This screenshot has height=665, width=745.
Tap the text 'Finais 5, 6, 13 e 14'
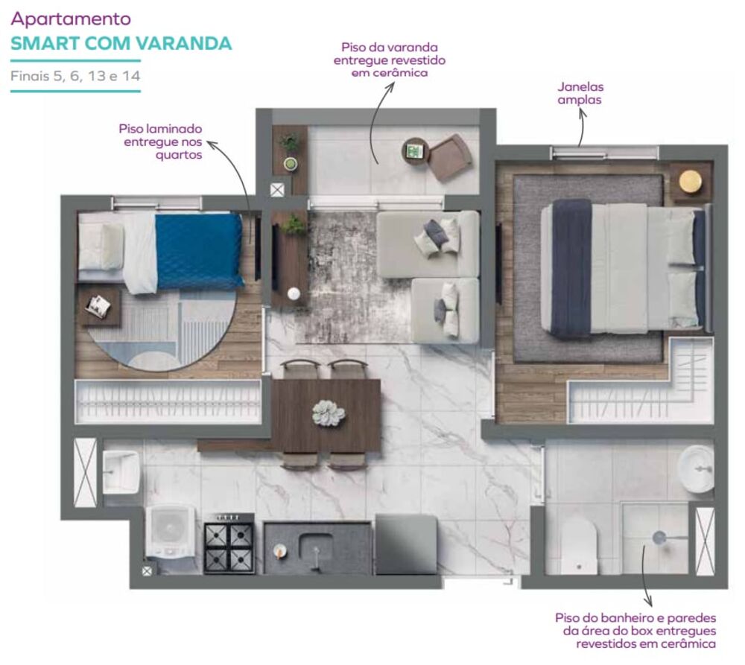pyautogui.click(x=75, y=76)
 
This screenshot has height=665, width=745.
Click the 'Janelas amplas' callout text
pyautogui.click(x=580, y=93)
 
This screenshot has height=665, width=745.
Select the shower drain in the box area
pyautogui.click(x=659, y=536)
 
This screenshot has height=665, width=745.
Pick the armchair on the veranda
pyautogui.click(x=450, y=157)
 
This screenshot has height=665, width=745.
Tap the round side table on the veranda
pyautogui.click(x=416, y=151)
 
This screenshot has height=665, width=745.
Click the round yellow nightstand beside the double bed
pyautogui.click(x=691, y=181)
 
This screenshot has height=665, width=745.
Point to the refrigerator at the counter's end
pyautogui.click(x=406, y=544)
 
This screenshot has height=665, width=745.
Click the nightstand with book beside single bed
pyautogui.click(x=98, y=305)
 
